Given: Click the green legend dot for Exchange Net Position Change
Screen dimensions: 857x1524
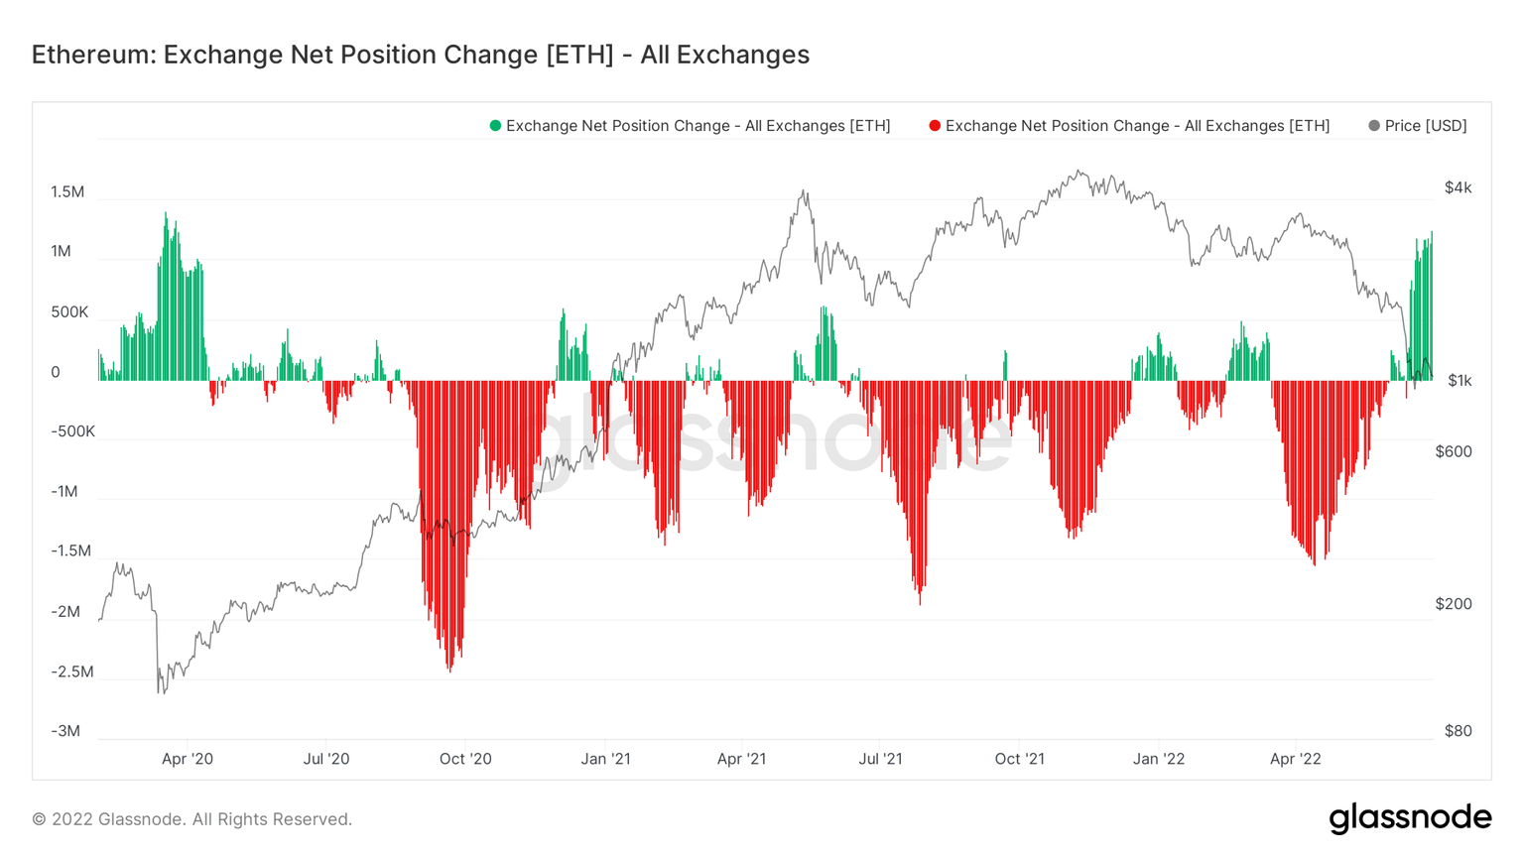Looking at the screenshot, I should [x=495, y=126].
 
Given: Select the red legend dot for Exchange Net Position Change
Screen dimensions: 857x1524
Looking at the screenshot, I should [x=935, y=126].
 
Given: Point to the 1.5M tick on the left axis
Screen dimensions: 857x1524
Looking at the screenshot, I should [x=67, y=192].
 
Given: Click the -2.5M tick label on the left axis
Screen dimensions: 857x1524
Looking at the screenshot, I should [x=71, y=672].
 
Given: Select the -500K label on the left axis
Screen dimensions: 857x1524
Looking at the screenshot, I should [x=72, y=431].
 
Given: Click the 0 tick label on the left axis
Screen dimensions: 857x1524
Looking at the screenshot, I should [x=56, y=373].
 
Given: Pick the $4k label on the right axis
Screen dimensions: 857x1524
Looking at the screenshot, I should [x=1458, y=187].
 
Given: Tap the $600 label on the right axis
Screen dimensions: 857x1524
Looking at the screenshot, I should [x=1454, y=451].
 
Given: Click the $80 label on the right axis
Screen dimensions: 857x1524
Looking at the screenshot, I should [x=1458, y=731].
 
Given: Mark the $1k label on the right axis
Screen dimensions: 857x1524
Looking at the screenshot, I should [x=1459, y=380].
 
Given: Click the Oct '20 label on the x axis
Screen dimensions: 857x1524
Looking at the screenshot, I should [x=465, y=759].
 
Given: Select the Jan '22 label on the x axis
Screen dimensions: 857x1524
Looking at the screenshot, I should [x=1159, y=759].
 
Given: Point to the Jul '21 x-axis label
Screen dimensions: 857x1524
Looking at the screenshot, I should [x=880, y=759].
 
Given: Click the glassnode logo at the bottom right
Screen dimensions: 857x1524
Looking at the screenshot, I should [x=1410, y=818].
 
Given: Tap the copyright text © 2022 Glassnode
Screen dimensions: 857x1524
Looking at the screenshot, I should [x=191, y=819].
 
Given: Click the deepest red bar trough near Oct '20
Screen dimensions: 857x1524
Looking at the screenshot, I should [x=449, y=669].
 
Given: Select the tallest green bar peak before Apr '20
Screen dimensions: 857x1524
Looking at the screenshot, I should [x=166, y=214].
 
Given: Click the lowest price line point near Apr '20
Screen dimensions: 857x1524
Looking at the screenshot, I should [x=160, y=691].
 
